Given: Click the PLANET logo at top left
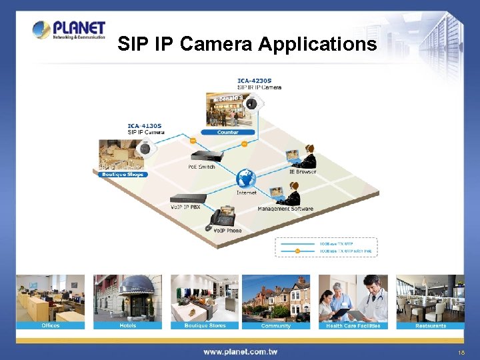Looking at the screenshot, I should coord(69,30).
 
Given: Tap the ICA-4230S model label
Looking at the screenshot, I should coord(255,81).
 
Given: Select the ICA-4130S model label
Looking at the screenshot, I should coord(145,125).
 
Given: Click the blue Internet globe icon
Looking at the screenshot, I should coord(246,178).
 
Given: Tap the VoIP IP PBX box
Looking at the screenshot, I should coord(189,198).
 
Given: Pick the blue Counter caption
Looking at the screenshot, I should coord(227,132).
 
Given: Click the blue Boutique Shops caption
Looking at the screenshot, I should coord(122,175).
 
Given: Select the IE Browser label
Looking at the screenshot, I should coord(302,172).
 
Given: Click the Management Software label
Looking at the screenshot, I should coord(285,209).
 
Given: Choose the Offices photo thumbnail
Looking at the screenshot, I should coord(51,298).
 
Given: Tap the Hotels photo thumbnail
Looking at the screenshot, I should coord(127,298).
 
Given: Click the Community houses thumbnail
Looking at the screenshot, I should coord(276,298).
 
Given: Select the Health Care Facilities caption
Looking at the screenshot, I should coord(353,326).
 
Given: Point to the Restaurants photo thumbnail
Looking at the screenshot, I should coord(430,298).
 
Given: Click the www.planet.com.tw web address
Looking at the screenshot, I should coord(240,351).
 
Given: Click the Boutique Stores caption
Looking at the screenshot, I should coord(205,326).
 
